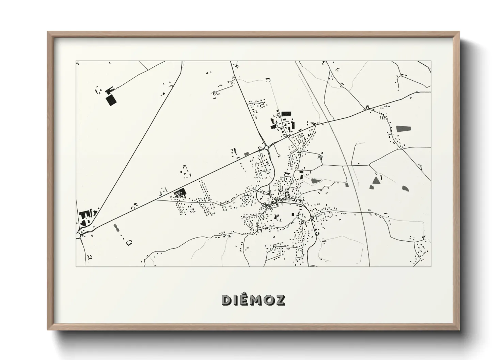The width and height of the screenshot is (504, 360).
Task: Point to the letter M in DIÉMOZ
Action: (253, 300)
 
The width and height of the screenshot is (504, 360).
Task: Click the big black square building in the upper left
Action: (111, 101)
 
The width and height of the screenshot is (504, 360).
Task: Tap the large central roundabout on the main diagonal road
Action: (266, 147)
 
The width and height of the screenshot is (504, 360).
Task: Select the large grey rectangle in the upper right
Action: (403, 129)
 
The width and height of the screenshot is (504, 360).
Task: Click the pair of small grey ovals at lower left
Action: (116, 227)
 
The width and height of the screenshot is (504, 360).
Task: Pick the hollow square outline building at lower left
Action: (129, 243)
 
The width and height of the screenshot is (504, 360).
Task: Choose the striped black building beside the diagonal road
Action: (178, 193)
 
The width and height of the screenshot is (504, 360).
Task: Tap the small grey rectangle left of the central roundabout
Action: (247, 154)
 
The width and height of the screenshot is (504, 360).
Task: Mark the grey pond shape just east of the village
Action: (315, 181)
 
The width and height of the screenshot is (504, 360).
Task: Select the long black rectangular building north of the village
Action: (287, 113)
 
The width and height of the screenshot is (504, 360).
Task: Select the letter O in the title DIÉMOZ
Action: (267, 300)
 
